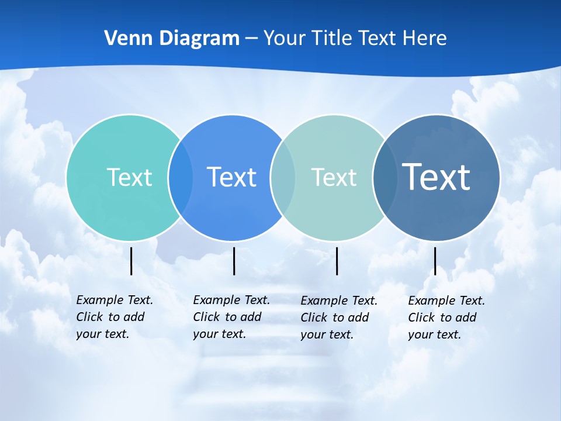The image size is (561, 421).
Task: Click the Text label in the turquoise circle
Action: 129,177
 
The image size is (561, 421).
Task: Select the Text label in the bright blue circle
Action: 231,177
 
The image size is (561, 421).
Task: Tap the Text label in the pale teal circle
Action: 334,177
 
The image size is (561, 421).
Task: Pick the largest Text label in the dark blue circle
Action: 436,177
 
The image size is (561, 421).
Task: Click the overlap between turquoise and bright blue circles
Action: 181,177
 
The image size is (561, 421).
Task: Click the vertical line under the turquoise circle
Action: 131,261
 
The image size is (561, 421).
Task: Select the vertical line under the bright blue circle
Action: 234,261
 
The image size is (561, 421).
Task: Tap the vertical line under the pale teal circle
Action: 337,261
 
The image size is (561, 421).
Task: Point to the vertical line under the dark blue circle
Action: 435,261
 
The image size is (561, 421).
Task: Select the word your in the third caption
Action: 312,335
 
